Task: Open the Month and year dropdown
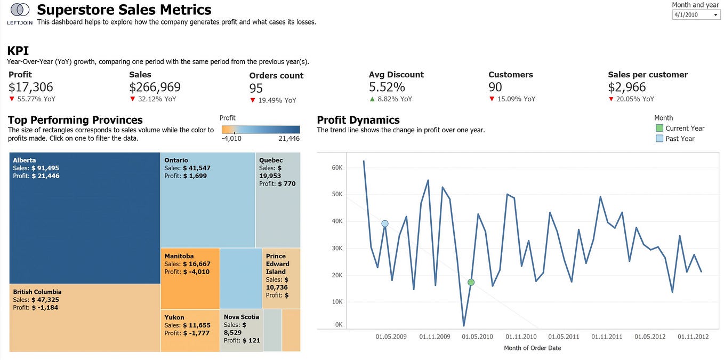pyautogui.click(x=696, y=15)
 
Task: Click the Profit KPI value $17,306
pyautogui.click(x=31, y=87)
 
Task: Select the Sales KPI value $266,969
pyautogui.click(x=155, y=87)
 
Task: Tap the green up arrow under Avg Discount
pyautogui.click(x=372, y=99)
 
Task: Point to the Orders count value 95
pyautogui.click(x=256, y=89)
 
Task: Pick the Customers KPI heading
pyautogui.click(x=510, y=75)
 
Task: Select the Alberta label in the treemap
pyautogui.click(x=25, y=160)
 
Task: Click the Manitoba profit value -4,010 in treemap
pyautogui.click(x=197, y=271)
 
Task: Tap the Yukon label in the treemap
pyautogui.click(x=174, y=317)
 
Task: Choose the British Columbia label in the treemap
pyautogui.click(x=37, y=292)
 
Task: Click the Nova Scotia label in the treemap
pyautogui.click(x=241, y=317)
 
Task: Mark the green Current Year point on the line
pyautogui.click(x=471, y=282)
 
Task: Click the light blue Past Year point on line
pyautogui.click(x=384, y=223)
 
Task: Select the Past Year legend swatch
pyautogui.click(x=659, y=139)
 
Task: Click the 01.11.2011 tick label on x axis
pyautogui.click(x=607, y=337)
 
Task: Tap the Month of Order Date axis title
pyautogui.click(x=532, y=348)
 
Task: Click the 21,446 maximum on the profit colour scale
pyautogui.click(x=288, y=139)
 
